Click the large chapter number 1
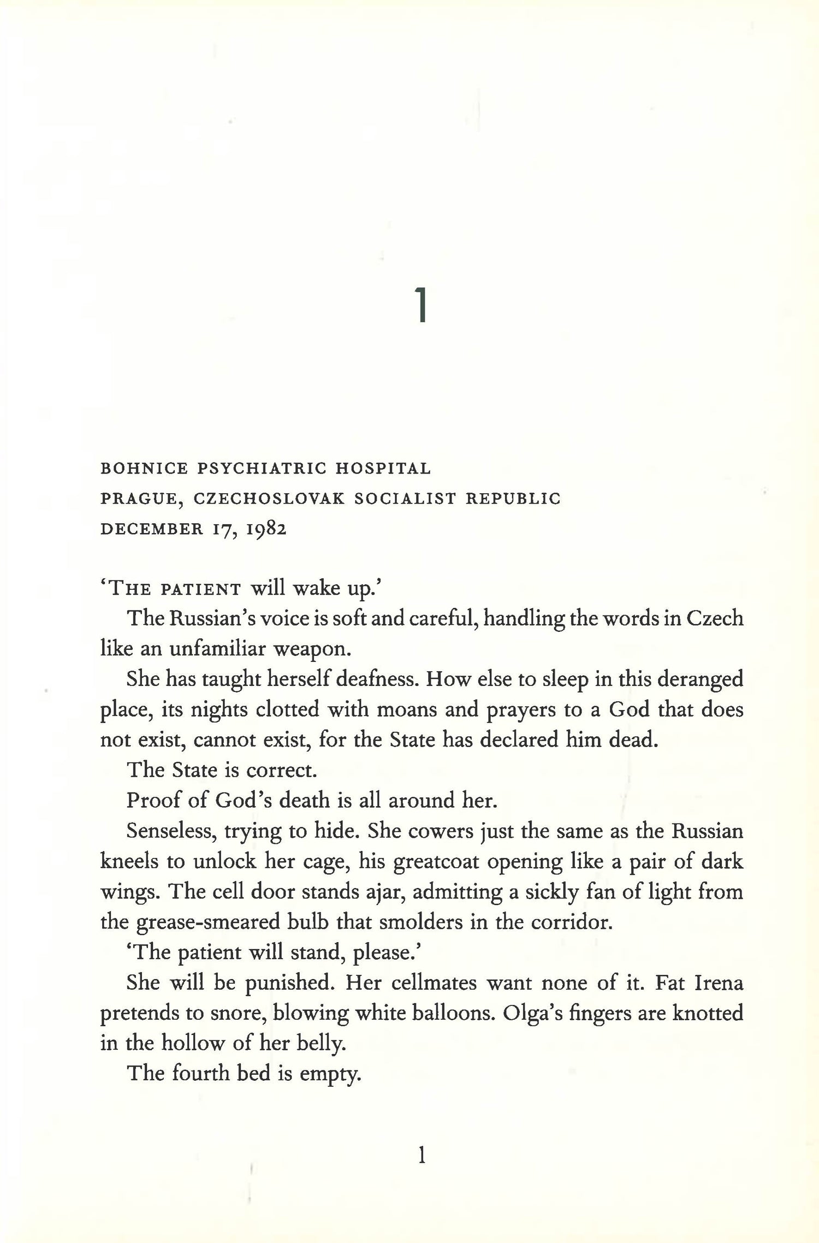click(420, 305)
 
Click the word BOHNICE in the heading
click(144, 469)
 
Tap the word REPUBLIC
click(513, 499)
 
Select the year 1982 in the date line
click(266, 530)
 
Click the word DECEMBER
click(151, 530)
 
